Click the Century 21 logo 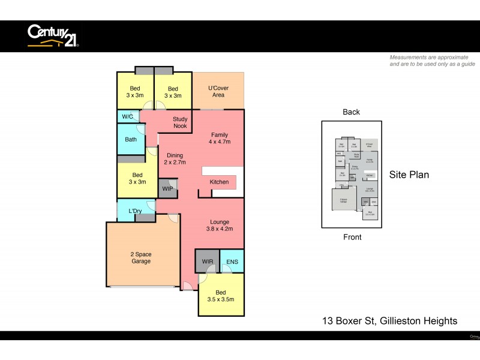click(53, 35)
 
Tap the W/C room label click(128, 116)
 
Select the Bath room click(131, 140)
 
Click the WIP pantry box click(168, 188)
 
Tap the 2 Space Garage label click(141, 258)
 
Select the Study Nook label click(180, 123)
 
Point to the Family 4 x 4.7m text click(219, 139)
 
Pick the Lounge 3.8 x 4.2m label click(220, 225)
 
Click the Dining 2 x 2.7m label click(175, 158)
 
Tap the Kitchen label click(219, 182)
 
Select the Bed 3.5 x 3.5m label click(221, 295)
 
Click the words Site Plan click(409, 175)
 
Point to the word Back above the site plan click(351, 112)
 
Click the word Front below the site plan click(352, 237)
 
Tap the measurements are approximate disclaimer click(432, 61)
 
